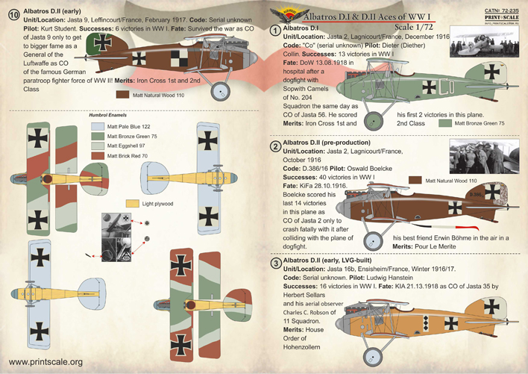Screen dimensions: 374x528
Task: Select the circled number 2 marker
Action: pos(276,145)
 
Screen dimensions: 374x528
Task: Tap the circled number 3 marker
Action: pos(276,264)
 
